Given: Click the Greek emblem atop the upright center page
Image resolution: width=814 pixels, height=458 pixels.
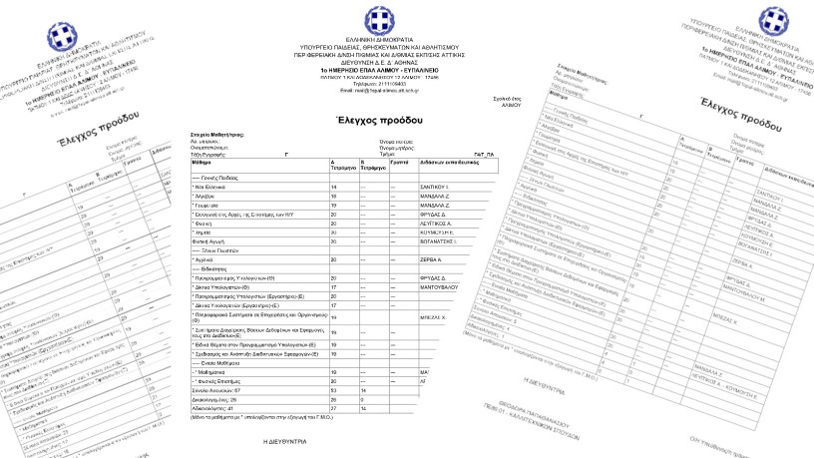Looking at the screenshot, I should [x=377, y=20].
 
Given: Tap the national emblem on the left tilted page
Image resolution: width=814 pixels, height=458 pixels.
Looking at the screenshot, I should [x=58, y=38].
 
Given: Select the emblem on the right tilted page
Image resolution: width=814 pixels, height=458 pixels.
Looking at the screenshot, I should [x=772, y=21].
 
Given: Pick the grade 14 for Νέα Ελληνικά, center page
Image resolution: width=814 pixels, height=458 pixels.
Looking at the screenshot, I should [x=334, y=187].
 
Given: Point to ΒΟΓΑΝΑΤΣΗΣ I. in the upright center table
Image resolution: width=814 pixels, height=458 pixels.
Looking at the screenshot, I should [x=441, y=241].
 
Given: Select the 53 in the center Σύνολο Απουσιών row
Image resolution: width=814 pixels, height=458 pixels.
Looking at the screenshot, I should [x=334, y=388].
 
